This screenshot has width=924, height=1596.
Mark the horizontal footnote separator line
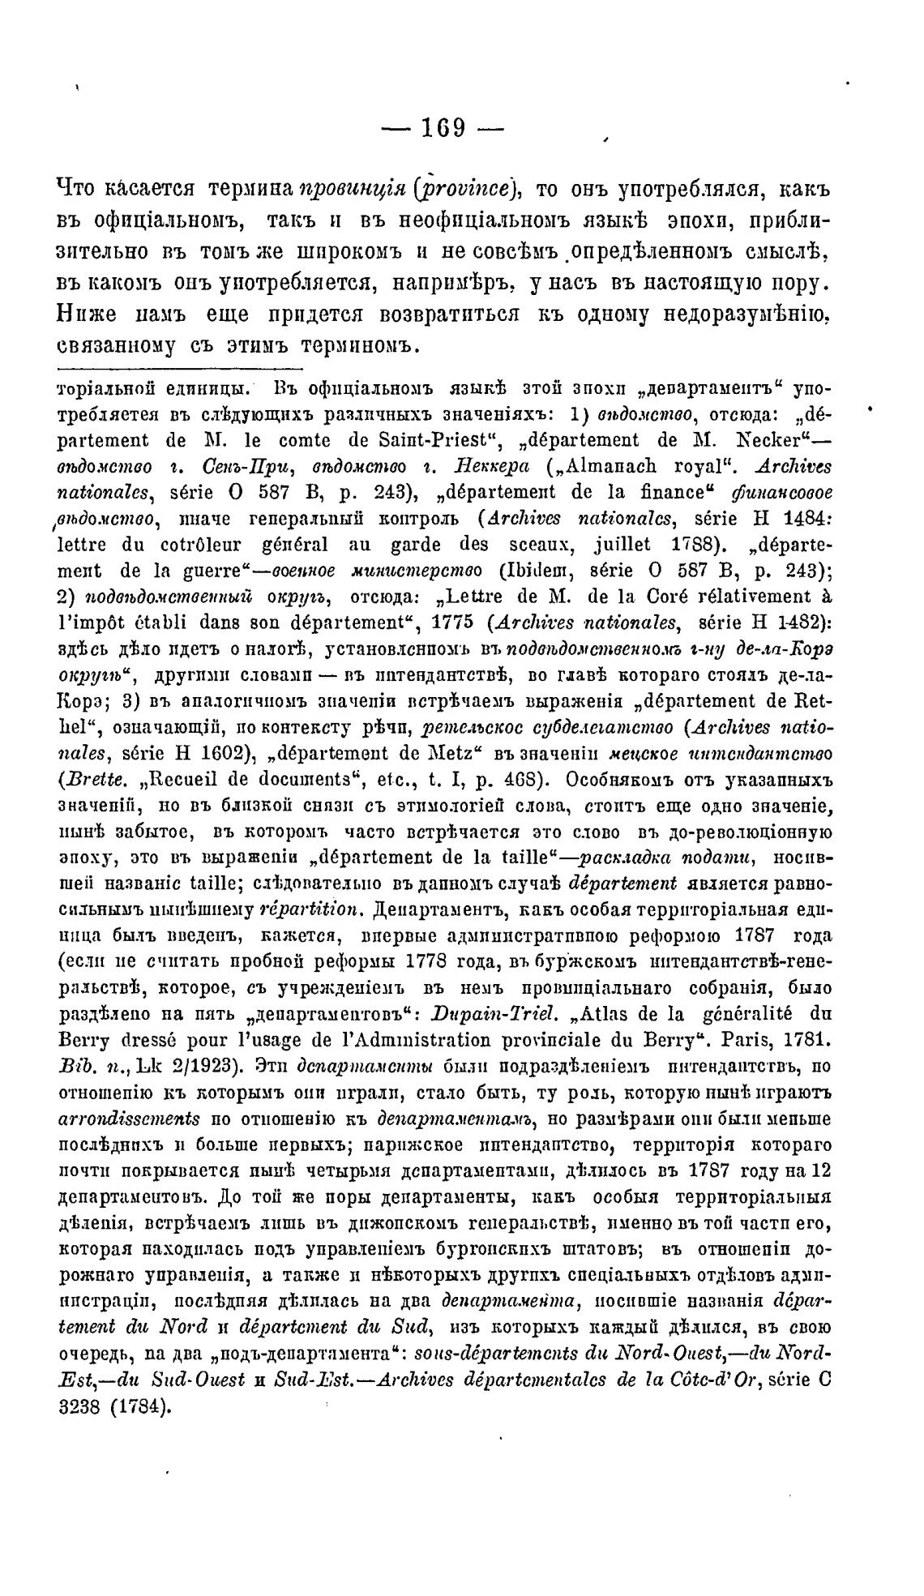175,370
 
